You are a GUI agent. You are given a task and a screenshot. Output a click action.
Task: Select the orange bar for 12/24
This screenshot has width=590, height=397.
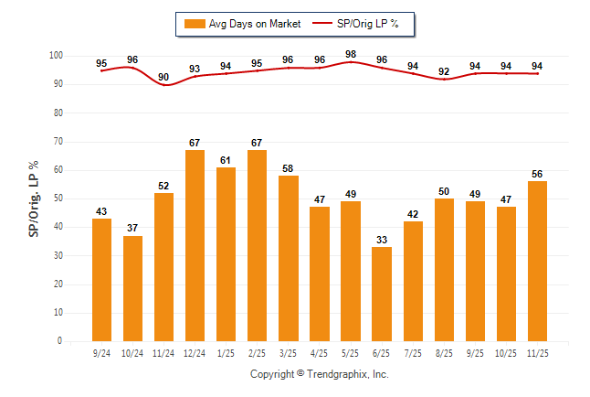195,245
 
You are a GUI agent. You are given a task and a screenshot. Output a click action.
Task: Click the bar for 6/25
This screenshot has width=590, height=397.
381,294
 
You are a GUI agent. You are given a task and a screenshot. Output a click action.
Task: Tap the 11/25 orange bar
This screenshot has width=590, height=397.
536,261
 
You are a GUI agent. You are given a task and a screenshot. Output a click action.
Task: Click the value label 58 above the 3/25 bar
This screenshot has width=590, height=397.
288,169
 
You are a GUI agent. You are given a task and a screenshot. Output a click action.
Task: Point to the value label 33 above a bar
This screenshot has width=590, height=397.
381,241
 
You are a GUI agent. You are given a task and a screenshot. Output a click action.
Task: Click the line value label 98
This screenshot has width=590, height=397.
350,54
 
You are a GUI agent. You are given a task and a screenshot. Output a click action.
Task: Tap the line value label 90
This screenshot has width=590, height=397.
163,77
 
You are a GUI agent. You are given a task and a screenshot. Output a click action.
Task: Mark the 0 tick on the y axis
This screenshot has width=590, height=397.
58,341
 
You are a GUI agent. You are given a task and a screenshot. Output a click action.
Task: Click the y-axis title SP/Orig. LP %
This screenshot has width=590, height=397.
34,198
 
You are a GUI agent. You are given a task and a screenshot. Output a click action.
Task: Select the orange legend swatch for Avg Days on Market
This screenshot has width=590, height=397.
194,24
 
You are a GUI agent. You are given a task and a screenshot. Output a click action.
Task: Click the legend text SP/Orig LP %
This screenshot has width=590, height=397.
370,24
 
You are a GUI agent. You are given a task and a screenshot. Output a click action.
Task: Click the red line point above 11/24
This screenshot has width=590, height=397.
164,85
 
